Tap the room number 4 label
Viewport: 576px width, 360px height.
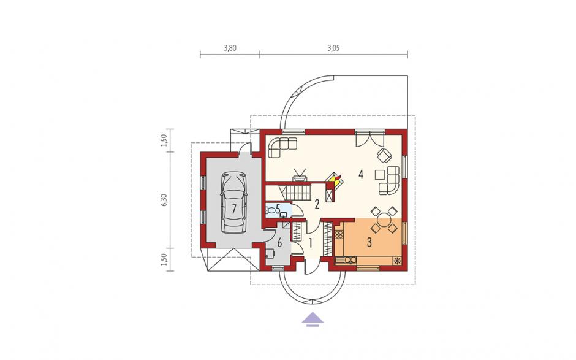click(361, 174)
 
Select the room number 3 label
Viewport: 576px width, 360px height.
click(369, 242)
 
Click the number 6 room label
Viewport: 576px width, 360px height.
click(279, 243)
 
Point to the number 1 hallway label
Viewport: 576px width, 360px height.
click(311, 243)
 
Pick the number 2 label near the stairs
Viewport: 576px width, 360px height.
click(317, 204)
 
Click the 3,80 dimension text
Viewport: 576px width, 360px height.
click(230, 48)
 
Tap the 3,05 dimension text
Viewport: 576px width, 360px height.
click(333, 48)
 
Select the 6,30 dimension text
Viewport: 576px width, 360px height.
click(164, 200)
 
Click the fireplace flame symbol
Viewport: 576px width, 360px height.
click(337, 179)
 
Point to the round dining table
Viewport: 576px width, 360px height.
click(384, 221)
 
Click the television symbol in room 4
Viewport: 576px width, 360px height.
click(300, 175)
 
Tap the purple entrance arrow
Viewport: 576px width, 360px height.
click(313, 319)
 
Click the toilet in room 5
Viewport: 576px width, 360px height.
click(271, 210)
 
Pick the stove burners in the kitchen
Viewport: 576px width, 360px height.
click(339, 233)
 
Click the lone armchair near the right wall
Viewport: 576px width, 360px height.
click(384, 156)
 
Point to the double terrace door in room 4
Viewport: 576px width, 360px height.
click(370, 138)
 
